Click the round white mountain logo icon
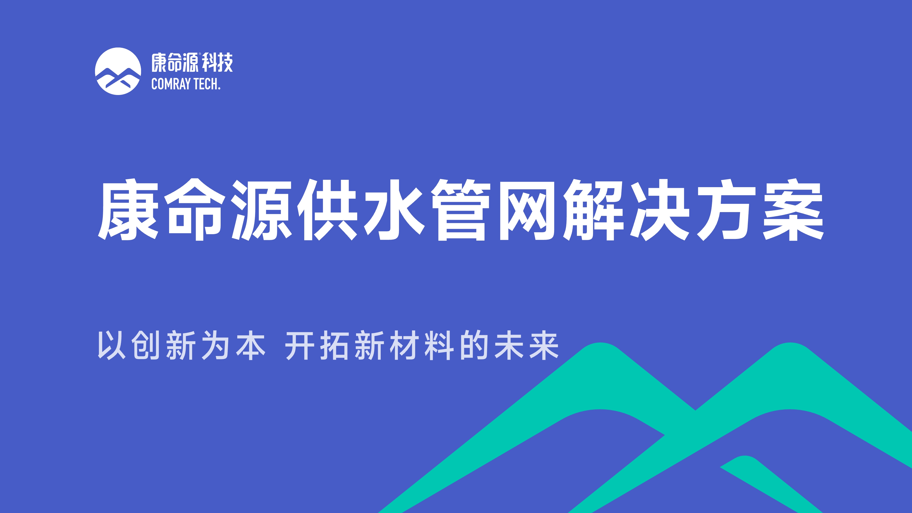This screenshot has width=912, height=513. point(118,71)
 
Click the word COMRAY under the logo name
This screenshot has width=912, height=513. point(171,84)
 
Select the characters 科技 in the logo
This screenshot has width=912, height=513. point(217,63)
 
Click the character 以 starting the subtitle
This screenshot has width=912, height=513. point(112,345)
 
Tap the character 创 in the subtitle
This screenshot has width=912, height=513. point(146,345)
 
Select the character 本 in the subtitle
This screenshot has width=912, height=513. point(251,345)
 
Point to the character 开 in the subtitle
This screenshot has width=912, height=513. point(299,345)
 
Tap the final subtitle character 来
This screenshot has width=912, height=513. point(544,345)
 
